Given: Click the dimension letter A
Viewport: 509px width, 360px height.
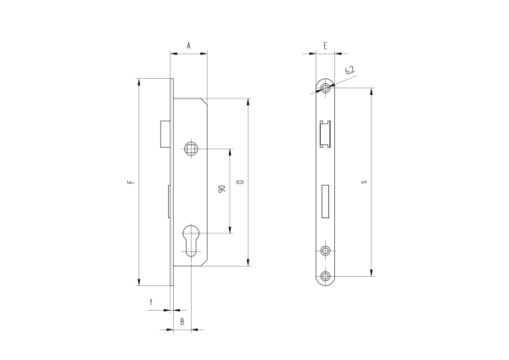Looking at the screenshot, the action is (188, 46).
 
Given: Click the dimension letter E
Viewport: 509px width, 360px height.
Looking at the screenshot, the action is (325, 46).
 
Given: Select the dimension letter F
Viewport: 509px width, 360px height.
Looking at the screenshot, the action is (131, 182).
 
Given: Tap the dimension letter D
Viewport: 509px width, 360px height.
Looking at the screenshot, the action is (241, 182).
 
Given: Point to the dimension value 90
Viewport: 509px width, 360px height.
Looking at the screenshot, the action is (222, 188).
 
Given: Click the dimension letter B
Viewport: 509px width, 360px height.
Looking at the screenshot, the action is (182, 322).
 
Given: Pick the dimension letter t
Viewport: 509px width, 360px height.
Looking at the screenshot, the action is (151, 302).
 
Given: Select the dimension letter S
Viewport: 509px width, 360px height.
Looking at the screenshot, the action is (364, 182).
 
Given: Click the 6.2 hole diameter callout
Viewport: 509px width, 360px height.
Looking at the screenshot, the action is (350, 70).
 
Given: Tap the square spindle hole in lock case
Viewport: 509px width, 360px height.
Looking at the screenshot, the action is (191, 149).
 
